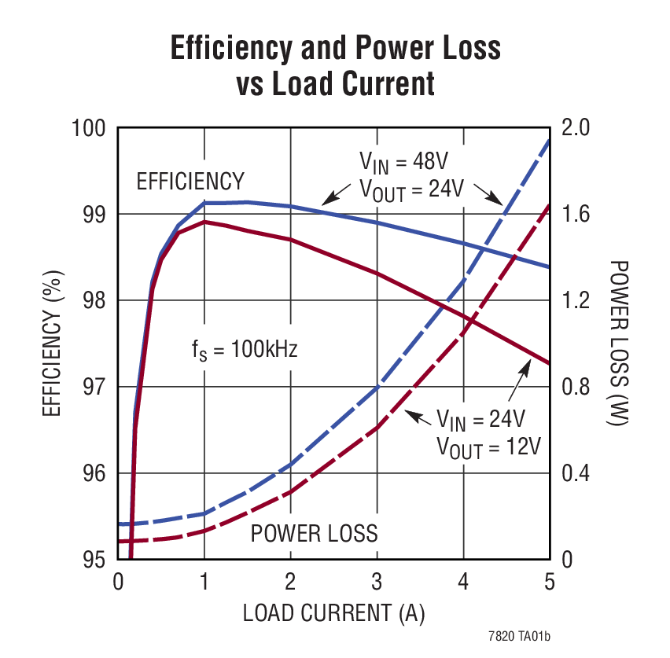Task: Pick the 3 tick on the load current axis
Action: [377, 583]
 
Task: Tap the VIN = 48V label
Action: [403, 164]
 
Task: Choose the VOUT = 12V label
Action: [488, 447]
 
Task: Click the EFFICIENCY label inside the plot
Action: [190, 182]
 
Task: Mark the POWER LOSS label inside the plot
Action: [314, 533]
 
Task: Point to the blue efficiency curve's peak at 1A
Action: [204, 203]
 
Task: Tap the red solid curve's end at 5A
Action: [549, 363]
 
